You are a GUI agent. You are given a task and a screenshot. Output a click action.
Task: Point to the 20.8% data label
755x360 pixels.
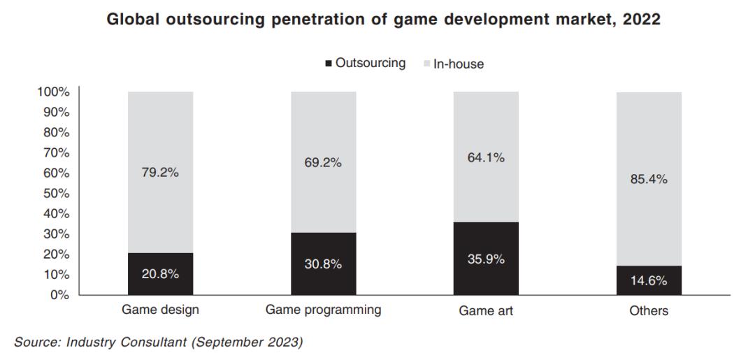(x=160, y=274)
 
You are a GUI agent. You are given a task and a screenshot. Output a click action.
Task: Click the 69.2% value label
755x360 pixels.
(x=323, y=163)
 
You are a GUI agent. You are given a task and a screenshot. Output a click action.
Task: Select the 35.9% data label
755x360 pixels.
(x=486, y=259)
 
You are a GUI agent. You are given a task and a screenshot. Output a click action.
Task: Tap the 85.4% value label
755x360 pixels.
(x=649, y=179)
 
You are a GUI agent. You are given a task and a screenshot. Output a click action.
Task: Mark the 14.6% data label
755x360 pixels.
(x=649, y=281)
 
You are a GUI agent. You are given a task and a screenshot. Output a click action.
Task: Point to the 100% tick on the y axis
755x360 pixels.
(x=54, y=92)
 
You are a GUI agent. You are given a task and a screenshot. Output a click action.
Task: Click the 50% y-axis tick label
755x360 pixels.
(x=57, y=194)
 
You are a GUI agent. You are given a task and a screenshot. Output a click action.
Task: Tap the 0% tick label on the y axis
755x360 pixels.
(x=60, y=295)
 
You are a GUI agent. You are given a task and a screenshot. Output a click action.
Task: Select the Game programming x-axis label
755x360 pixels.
(x=323, y=310)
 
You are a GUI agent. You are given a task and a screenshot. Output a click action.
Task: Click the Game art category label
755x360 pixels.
(x=486, y=310)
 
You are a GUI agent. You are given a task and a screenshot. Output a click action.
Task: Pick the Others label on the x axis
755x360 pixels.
(x=649, y=310)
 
